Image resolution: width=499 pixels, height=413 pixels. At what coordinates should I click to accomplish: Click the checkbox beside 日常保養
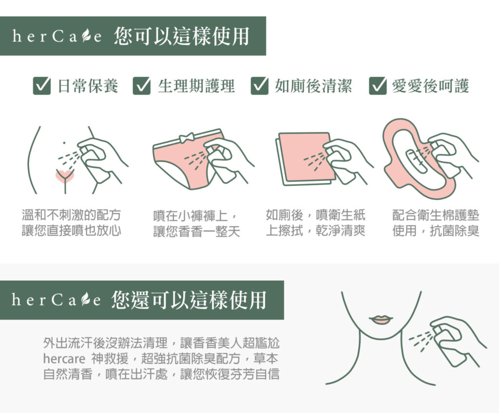click(x=42, y=86)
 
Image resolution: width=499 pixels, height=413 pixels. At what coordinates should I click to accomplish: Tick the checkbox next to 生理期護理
click(x=142, y=86)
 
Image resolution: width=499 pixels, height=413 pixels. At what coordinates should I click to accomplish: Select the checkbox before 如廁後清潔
click(x=259, y=86)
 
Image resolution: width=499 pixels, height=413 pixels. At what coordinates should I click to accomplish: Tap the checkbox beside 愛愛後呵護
click(x=378, y=86)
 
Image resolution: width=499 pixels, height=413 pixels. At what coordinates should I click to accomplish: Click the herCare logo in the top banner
click(x=57, y=36)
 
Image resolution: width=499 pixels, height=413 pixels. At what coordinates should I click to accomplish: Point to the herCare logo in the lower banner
click(x=57, y=300)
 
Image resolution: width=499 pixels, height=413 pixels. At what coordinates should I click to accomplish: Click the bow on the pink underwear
click(x=187, y=138)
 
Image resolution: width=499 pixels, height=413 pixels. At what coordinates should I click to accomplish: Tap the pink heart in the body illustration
click(x=65, y=176)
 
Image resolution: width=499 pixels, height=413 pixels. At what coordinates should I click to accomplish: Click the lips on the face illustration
click(x=381, y=319)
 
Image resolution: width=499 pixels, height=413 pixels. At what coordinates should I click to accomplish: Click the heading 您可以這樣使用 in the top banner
click(x=181, y=36)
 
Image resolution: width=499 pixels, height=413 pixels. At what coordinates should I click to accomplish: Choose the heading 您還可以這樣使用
click(x=189, y=300)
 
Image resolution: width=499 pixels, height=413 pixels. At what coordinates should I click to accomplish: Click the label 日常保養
click(x=88, y=86)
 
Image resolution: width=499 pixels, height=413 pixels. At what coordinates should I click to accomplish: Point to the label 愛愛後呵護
click(x=430, y=86)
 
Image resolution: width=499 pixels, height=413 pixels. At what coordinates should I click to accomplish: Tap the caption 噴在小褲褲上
click(x=191, y=216)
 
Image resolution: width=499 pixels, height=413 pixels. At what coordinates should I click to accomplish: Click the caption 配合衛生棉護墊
click(x=436, y=215)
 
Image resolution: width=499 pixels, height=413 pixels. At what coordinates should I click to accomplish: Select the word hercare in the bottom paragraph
click(x=64, y=359)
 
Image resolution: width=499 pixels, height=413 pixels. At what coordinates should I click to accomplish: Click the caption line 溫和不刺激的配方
click(x=71, y=215)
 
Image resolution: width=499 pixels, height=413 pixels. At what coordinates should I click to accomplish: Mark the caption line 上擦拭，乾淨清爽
click(x=315, y=230)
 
